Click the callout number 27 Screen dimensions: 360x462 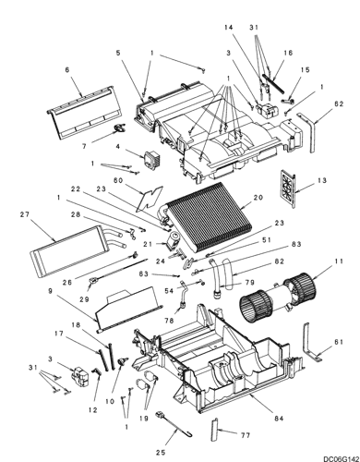(25, 214)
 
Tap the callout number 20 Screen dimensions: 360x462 (258, 198)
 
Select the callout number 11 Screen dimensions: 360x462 (338, 261)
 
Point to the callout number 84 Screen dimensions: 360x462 (278, 419)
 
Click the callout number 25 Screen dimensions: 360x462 (161, 453)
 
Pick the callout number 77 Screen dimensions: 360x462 (246, 435)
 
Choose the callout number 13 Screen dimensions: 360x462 (321, 180)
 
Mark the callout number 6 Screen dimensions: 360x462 (67, 70)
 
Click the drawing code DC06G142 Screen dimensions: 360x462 (342, 458)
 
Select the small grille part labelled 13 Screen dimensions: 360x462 (288, 188)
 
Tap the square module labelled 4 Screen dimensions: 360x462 (150, 159)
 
